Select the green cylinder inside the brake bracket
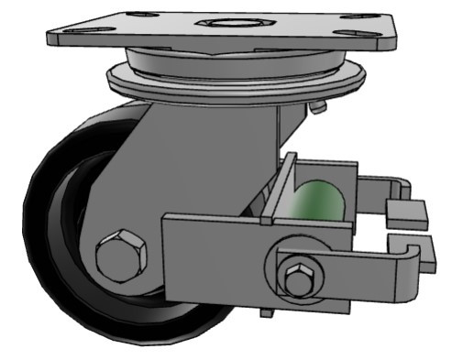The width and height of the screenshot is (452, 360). pyautogui.click(x=318, y=199)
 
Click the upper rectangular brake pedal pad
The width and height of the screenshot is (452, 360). pyautogui.click(x=407, y=212)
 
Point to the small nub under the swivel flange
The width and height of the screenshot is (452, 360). pyautogui.click(x=317, y=108)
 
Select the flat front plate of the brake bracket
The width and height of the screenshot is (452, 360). pyautogui.click(x=215, y=252)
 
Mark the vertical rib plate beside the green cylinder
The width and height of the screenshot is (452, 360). pyautogui.click(x=283, y=188)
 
